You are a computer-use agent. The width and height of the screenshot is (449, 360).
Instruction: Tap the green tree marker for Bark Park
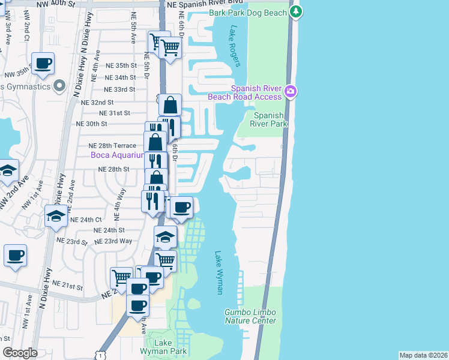click(x=295, y=11)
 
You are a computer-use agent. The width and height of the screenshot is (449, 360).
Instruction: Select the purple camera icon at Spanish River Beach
click(x=291, y=91)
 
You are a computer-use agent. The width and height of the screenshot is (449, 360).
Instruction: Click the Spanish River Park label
click(x=270, y=119)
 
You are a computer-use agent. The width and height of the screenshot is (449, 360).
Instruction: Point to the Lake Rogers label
click(x=234, y=46)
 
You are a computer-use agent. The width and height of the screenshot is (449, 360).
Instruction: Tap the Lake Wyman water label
click(x=218, y=272)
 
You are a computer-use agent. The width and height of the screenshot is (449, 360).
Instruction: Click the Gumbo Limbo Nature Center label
click(x=251, y=316)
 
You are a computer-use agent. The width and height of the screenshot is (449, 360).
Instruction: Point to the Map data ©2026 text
click(x=423, y=355)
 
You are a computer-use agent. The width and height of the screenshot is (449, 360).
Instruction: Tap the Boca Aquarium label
click(x=118, y=155)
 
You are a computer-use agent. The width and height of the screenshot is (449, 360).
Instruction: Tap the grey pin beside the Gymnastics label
click(x=59, y=87)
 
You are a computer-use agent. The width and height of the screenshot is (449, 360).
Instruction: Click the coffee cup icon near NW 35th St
click(x=43, y=64)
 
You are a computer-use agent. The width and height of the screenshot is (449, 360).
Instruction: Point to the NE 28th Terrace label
click(x=112, y=145)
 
